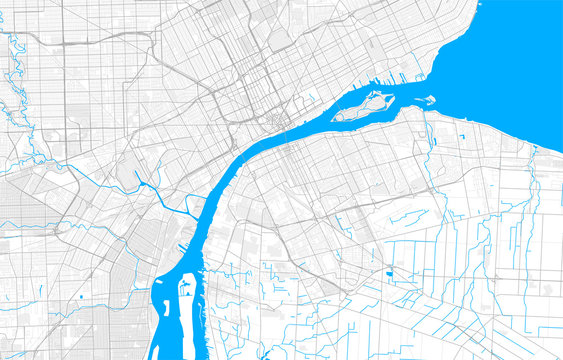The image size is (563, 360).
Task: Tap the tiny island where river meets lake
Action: coord(429,99)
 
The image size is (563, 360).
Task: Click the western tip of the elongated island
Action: coord(336,116)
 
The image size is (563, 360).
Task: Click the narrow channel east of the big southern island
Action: coord(203,300)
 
